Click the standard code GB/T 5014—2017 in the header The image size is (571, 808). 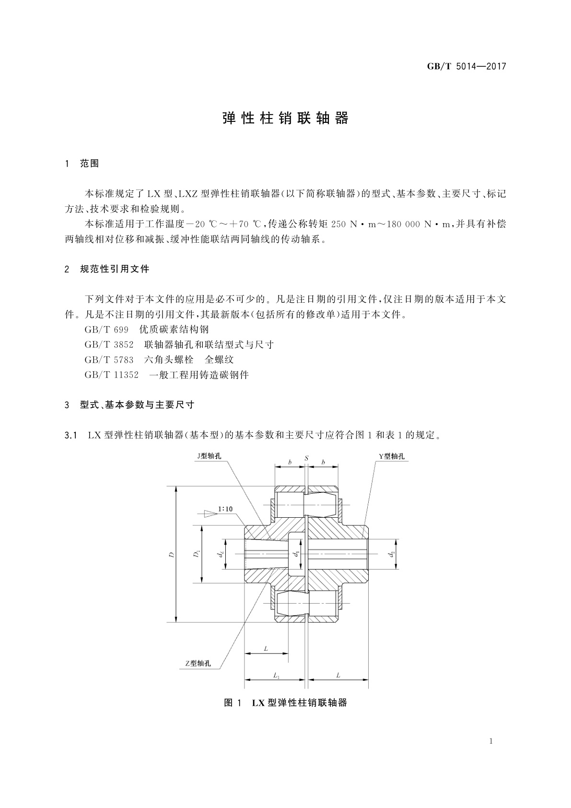pyautogui.click(x=466, y=67)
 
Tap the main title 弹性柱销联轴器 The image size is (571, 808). pyautogui.click(x=285, y=119)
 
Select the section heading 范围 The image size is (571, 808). pyautogui.click(x=89, y=164)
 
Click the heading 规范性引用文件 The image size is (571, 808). pyautogui.click(x=115, y=269)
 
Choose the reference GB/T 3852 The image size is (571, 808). pyautogui.click(x=109, y=345)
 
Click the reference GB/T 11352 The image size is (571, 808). pyautogui.click(x=111, y=375)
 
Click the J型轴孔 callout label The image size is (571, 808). pyautogui.click(x=209, y=456)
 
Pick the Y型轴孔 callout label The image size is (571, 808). pyautogui.click(x=392, y=456)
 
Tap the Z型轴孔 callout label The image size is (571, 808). pyautogui.click(x=198, y=664)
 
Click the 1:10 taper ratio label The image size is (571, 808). pyautogui.click(x=225, y=509)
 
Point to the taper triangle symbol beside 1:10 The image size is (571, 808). pyautogui.click(x=208, y=513)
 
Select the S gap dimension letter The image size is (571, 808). pyautogui.click(x=306, y=458)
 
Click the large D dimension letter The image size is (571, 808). pyautogui.click(x=172, y=555)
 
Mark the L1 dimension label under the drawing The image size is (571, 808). pyautogui.click(x=277, y=675)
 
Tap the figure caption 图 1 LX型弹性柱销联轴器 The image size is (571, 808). pyautogui.click(x=285, y=703)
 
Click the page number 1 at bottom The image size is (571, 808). pyautogui.click(x=491, y=741)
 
